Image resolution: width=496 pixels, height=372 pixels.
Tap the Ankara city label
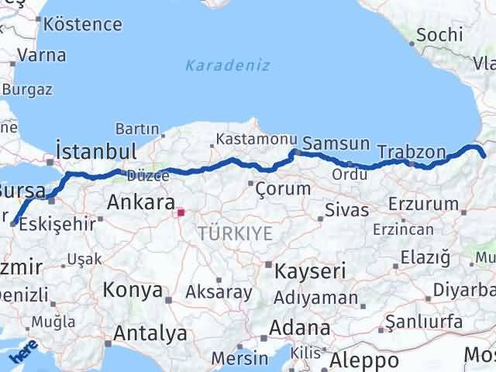point(140,203)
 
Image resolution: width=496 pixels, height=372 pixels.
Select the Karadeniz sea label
point(227,66)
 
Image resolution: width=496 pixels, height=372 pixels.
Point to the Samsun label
point(336,143)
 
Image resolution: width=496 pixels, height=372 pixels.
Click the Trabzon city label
point(412,151)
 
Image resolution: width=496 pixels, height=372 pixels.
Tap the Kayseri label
point(305,270)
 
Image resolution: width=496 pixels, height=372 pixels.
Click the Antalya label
point(150,333)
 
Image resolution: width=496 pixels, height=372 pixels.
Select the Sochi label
point(439,34)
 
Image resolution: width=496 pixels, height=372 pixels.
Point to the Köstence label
point(82,24)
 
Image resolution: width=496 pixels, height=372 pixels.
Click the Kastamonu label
point(257,139)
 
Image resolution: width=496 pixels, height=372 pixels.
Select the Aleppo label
point(363,360)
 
